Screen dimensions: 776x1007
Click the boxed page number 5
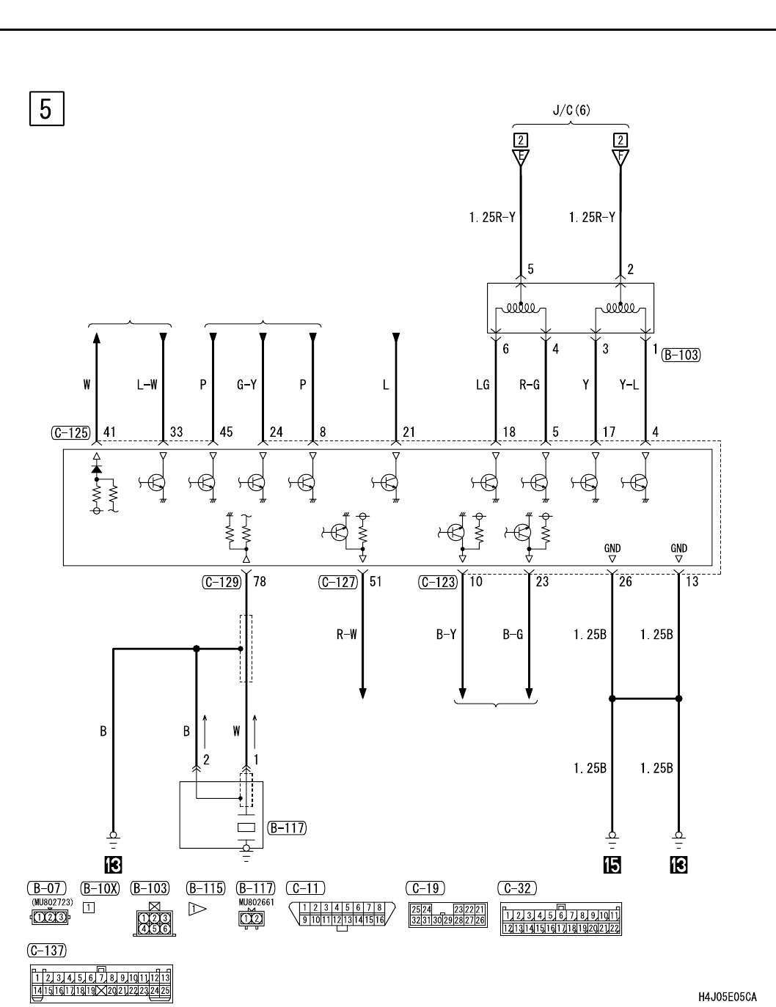coord(46,109)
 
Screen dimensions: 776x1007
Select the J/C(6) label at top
coord(571,110)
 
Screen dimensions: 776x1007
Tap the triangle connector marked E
coord(521,158)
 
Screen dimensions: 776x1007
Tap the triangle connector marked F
coord(621,158)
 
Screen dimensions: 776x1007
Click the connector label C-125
coord(70,433)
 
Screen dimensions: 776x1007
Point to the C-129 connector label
coord(222,582)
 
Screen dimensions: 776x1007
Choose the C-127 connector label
coord(338,582)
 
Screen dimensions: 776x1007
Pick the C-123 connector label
coord(438,582)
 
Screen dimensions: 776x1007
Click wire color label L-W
coord(147,385)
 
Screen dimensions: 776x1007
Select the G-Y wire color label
coord(246,385)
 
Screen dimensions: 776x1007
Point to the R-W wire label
coord(347,635)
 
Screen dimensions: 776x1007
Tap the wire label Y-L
coord(629,385)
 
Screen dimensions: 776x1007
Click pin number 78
coord(260,582)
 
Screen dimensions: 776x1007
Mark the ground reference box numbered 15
coord(612,865)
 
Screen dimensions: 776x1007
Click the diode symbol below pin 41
coord(96,470)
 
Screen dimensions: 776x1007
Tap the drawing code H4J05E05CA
coord(728,994)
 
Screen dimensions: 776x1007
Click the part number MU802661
coord(257,902)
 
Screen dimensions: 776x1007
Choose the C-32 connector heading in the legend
coord(517,888)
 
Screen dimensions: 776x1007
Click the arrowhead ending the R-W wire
coord(363,693)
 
